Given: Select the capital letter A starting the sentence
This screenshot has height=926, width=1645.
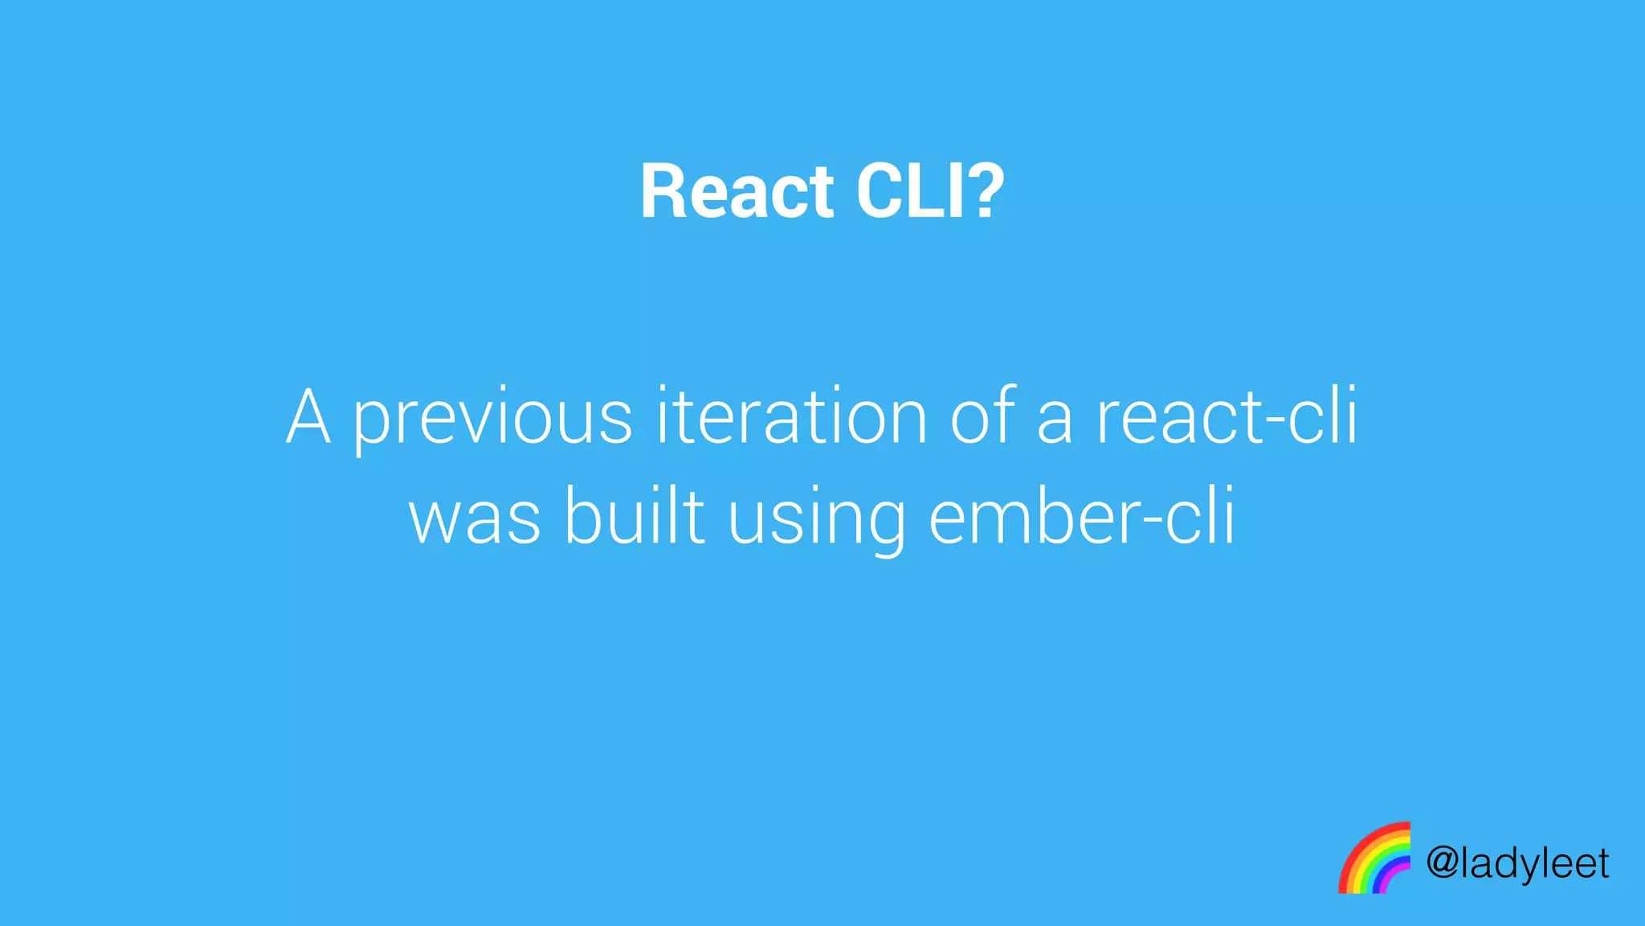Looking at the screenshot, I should (308, 417).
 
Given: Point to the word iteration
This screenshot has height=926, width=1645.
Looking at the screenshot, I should (791, 417).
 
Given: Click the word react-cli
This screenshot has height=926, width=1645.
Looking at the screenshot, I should (1227, 417).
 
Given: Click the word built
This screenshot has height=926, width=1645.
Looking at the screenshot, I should (635, 518).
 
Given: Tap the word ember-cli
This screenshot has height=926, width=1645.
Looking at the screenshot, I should (1081, 518).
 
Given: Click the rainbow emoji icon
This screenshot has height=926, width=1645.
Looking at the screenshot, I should (1374, 858).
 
